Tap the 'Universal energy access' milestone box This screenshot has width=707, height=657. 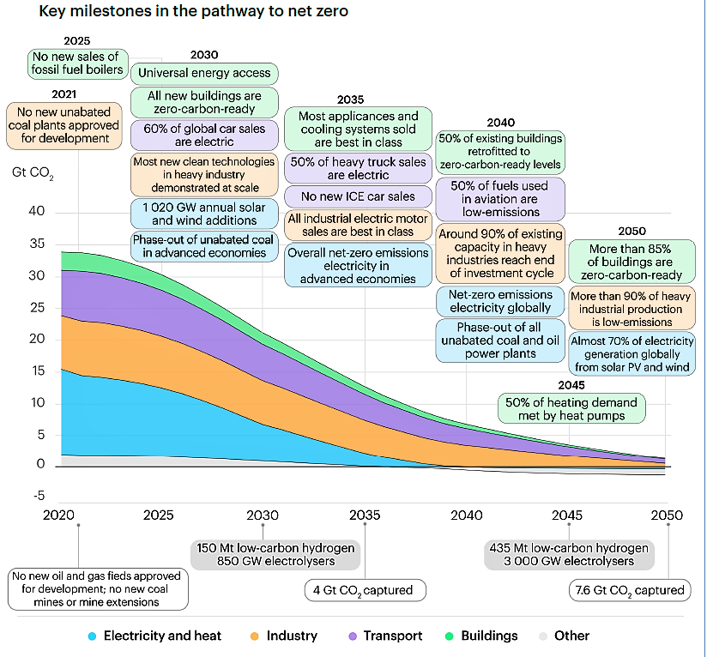(204, 72)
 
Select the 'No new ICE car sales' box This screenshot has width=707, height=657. (358, 196)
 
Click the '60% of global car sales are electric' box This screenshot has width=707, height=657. (204, 135)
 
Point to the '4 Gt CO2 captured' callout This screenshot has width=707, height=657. (365, 590)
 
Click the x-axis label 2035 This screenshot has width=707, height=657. (365, 515)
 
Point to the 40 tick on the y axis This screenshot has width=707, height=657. (36, 212)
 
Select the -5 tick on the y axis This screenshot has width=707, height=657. (37, 495)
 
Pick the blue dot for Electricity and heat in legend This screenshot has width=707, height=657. (92, 636)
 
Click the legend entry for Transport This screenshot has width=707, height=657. (383, 636)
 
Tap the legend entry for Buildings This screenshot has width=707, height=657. (480, 636)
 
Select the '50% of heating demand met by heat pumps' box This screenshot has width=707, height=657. (571, 409)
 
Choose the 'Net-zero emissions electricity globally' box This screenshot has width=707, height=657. (500, 300)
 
